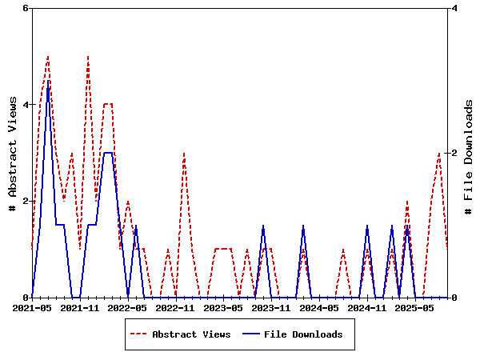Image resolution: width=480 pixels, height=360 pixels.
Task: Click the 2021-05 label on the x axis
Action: point(32,307)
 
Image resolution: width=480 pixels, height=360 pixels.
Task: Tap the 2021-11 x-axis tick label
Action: point(80,307)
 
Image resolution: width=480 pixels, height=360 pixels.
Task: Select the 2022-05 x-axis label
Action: point(128,307)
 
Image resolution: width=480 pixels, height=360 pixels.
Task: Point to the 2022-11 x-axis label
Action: point(175,307)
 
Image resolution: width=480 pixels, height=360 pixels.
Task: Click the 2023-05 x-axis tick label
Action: point(223,307)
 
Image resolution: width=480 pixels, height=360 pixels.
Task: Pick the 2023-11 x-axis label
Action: point(271,307)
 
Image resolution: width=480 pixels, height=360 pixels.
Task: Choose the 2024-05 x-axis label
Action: point(319,307)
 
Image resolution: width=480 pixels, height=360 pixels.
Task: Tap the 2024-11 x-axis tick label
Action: point(367,307)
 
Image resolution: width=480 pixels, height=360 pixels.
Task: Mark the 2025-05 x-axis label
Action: point(415,307)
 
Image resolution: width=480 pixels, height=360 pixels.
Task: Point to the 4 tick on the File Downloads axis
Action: point(454,8)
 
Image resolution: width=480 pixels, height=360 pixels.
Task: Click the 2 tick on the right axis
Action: point(454,153)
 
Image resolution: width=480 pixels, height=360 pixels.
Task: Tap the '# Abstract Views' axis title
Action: point(12,153)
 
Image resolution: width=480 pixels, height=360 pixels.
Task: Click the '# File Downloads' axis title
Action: point(469,153)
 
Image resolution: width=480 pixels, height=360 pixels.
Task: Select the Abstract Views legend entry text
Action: point(191,334)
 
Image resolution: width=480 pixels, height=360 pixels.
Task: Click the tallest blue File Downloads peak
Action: point(48,81)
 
